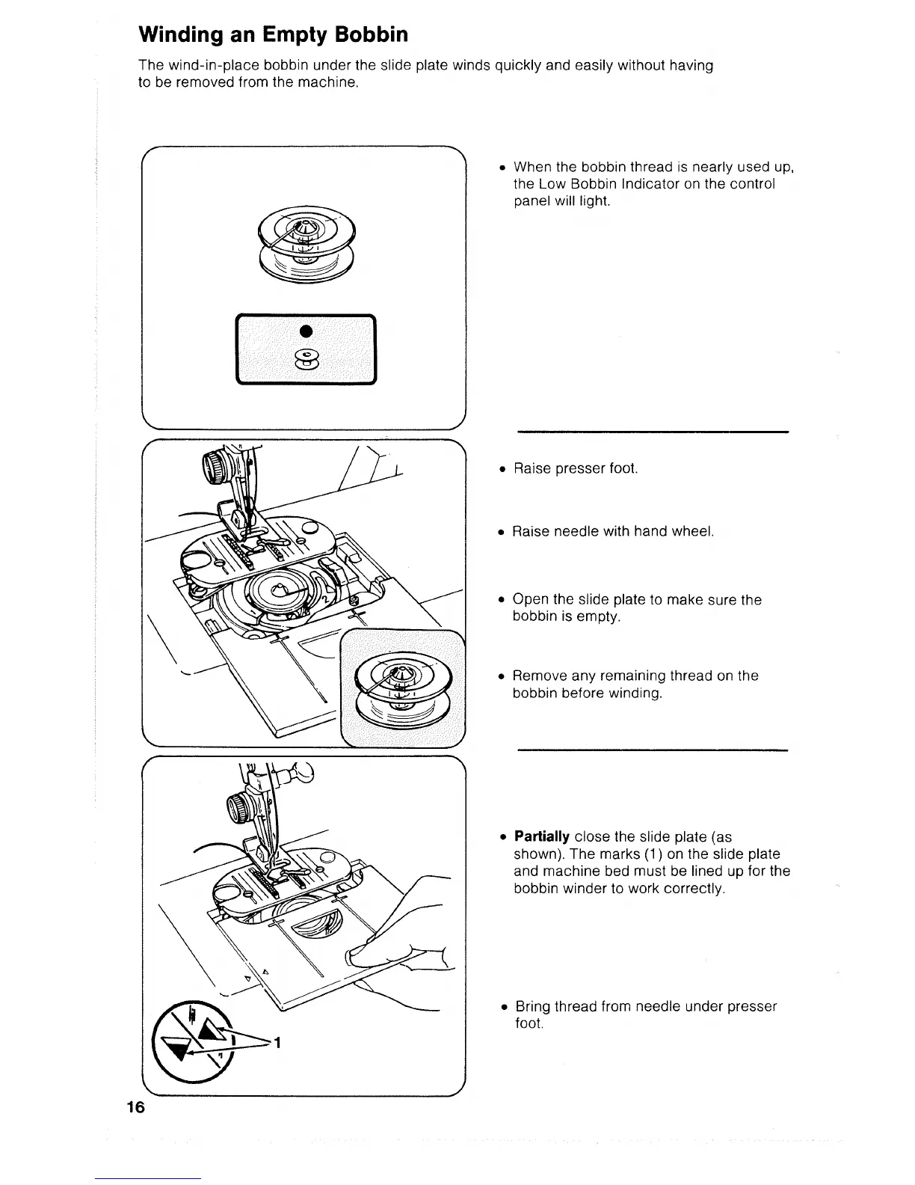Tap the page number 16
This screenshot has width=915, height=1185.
coord(135,1108)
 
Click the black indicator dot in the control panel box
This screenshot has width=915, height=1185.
coord(304,331)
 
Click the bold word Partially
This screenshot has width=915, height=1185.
coord(542,836)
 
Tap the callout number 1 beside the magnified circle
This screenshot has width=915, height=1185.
coord(277,1045)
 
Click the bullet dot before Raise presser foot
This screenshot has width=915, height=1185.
coord(503,470)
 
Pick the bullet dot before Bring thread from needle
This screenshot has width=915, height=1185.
coord(504,1008)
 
